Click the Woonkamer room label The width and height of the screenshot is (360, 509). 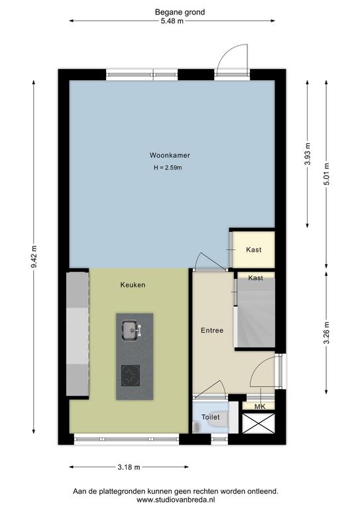[x=170, y=155]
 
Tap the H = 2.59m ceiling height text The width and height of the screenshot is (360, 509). [x=168, y=168]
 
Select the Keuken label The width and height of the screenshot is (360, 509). [x=133, y=285]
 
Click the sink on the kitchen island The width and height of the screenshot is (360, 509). [x=131, y=330]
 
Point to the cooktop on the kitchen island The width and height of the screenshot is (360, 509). [x=131, y=376]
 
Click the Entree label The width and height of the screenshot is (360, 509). [x=212, y=331]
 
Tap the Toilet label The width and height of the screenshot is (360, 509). [x=210, y=417]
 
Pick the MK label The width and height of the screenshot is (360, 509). [x=260, y=407]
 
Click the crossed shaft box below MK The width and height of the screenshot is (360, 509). [x=259, y=423]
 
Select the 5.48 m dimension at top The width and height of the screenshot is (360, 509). [x=172, y=21]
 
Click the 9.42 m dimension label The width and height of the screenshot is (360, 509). [x=34, y=256]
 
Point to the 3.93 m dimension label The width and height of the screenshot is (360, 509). [x=308, y=154]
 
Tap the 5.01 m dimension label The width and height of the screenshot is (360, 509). [x=327, y=174]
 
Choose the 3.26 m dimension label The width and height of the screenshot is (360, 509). [x=327, y=333]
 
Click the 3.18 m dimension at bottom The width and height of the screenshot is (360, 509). [x=129, y=467]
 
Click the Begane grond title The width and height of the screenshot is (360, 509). [x=180, y=13]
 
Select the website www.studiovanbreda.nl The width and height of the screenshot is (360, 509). [x=176, y=500]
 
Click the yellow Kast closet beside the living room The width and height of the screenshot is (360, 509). [x=254, y=249]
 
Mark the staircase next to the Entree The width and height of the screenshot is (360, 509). [x=256, y=314]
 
